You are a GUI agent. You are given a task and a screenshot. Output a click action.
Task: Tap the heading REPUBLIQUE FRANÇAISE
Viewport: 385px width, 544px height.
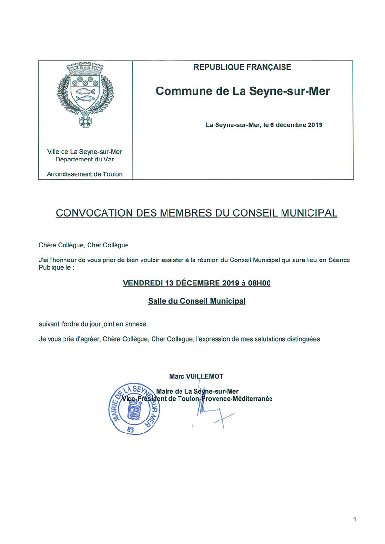coord(242,67)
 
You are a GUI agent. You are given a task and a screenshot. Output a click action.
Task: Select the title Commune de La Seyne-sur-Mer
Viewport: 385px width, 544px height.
coord(243,91)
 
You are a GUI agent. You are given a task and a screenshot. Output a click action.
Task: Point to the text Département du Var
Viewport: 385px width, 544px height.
coord(85,159)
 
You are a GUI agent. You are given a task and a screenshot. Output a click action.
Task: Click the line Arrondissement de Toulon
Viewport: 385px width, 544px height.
coord(85,174)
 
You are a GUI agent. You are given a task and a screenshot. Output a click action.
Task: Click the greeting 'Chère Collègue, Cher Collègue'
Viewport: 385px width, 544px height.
coord(84,245)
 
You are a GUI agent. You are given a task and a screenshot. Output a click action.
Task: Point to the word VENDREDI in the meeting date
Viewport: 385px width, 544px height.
coord(143,283)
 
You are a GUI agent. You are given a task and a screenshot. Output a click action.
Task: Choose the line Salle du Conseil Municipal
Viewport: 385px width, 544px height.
coord(197,301)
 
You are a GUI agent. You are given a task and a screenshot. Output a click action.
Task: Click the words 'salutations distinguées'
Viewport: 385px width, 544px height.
coord(284,339)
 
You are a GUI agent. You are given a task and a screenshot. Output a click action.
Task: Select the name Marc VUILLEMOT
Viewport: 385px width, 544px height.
coord(196,376)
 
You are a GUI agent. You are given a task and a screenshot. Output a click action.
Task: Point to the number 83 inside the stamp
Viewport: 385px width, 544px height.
coord(130,429)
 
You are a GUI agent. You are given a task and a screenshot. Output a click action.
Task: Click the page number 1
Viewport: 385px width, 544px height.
coord(354,519)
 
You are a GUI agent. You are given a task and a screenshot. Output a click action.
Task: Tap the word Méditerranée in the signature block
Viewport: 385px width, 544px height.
coord(250,399)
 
